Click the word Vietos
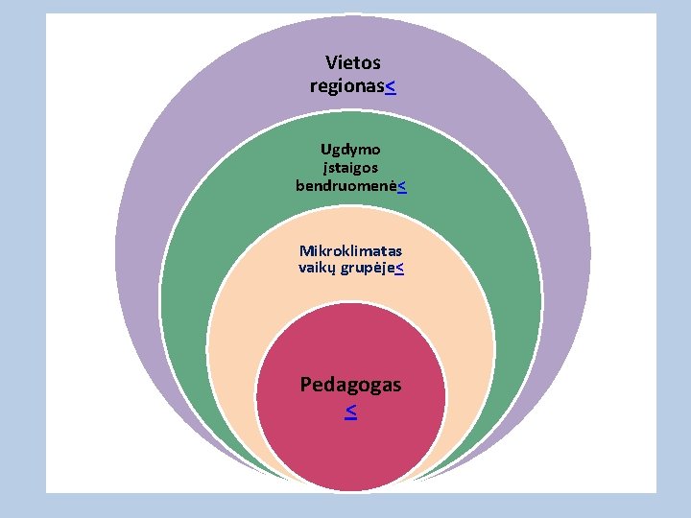[x=352, y=63]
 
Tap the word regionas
[x=346, y=86]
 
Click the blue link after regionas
[x=391, y=87]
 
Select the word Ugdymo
[x=350, y=150]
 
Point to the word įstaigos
[x=349, y=167]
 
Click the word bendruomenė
[x=345, y=184]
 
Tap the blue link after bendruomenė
[x=400, y=185]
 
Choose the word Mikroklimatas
[x=350, y=250]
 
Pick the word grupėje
[x=369, y=269]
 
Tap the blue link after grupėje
[x=398, y=269]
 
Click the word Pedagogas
[x=350, y=385]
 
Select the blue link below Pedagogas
[x=350, y=412]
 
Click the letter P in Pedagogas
[x=306, y=385]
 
